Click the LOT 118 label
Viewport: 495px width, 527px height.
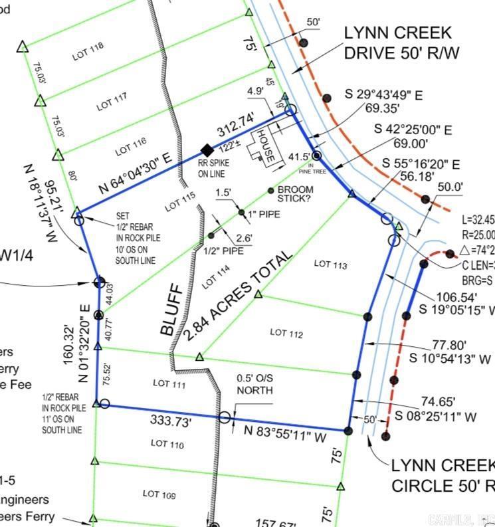88,54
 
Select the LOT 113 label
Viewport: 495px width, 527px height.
330,264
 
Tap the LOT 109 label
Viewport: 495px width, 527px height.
159,494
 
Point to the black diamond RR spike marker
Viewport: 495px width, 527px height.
207,150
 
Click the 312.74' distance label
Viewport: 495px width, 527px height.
235,125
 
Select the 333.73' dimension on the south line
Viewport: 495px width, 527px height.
171,421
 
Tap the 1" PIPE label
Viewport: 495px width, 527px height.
264,214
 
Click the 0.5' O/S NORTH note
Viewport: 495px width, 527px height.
254,384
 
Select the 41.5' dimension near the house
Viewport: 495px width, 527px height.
299,157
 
